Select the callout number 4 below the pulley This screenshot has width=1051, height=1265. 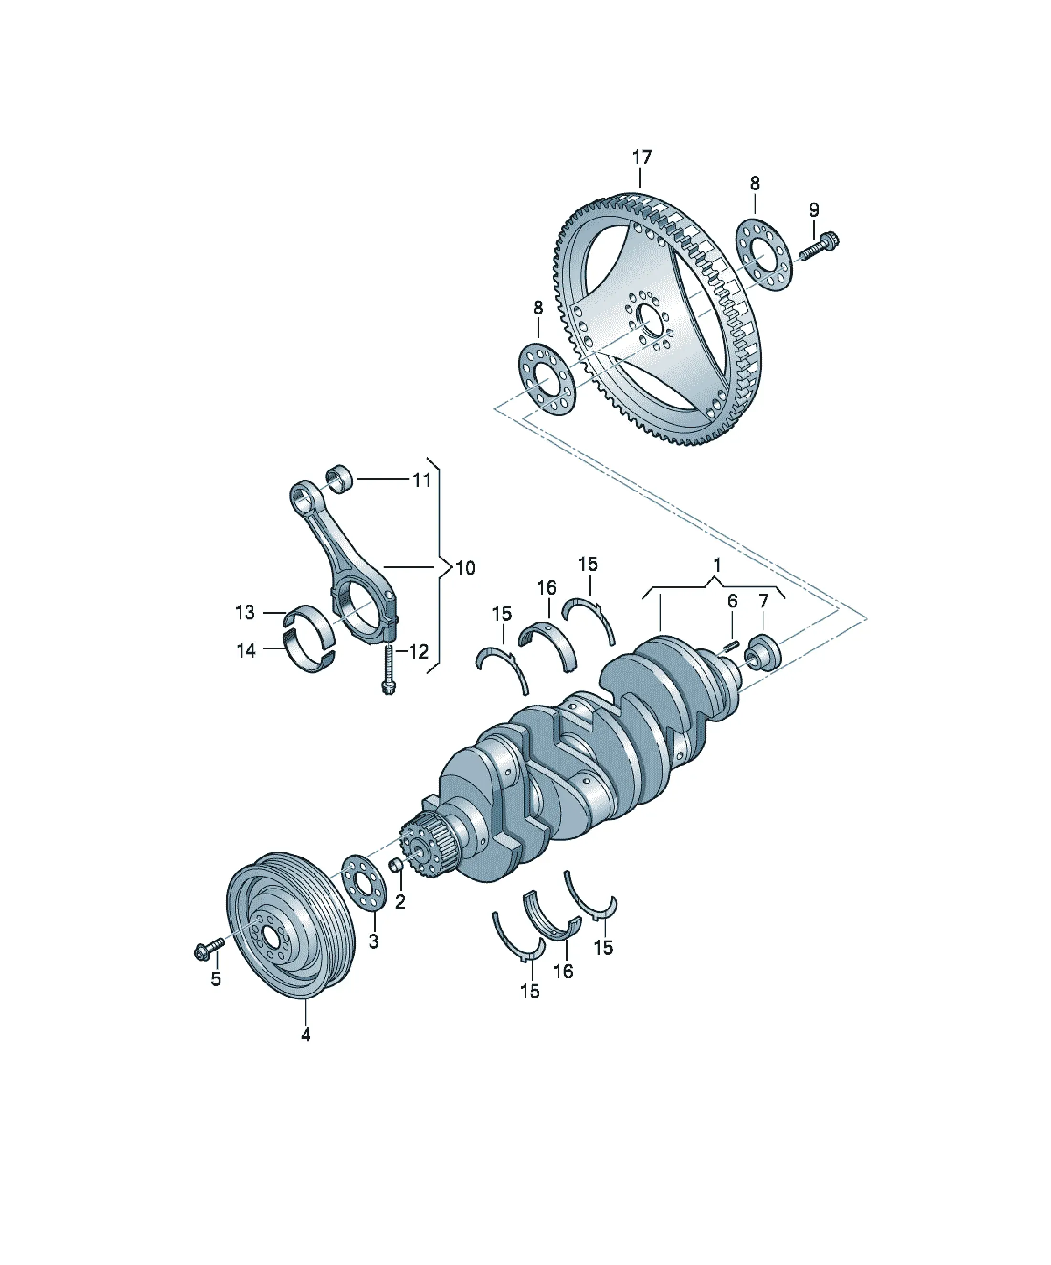point(305,1035)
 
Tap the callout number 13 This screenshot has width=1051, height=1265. point(245,613)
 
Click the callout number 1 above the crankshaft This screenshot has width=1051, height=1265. point(716,565)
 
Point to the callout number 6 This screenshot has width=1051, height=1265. point(732,601)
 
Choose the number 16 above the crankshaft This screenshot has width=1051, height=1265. point(546,587)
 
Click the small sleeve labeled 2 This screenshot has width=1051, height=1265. point(396,866)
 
